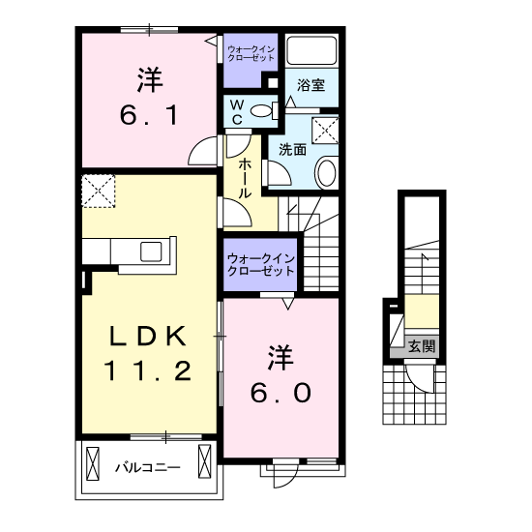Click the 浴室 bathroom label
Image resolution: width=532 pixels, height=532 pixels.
[310, 85]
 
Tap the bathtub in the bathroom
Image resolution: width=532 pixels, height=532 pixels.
[311, 49]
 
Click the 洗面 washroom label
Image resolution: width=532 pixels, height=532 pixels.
[292, 149]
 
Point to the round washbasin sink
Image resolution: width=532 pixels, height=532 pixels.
[327, 173]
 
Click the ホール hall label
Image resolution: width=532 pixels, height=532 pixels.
[245, 179]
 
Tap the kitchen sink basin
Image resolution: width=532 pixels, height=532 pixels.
[151, 251]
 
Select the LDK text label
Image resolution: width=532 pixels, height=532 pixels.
[148, 337]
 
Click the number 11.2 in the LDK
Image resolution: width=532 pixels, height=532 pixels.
[148, 370]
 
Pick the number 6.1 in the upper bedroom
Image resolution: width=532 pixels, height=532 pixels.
[149, 115]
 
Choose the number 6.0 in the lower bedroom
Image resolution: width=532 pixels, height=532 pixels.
[281, 393]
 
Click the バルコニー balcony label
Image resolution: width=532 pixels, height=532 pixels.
[148, 468]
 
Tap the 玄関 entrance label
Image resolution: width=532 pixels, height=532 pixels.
[421, 346]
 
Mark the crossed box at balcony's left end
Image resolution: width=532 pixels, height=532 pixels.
[93, 463]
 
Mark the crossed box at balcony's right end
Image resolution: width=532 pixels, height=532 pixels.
[205, 461]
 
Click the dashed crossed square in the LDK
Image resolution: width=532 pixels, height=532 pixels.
[99, 191]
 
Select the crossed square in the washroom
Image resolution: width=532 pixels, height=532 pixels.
[325, 131]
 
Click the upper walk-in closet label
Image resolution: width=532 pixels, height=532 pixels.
[251, 53]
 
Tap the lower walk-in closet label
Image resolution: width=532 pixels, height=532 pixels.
[260, 265]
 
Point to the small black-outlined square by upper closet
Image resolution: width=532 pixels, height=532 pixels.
[273, 83]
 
